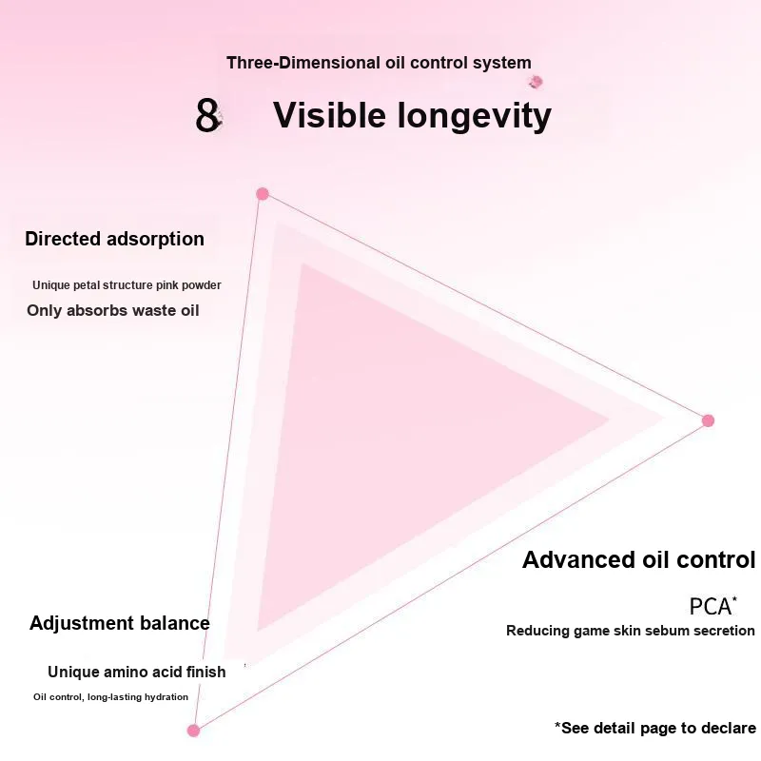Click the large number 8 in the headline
pyautogui.click(x=207, y=115)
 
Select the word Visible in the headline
pyautogui.click(x=329, y=115)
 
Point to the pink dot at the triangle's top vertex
pyautogui.click(x=263, y=194)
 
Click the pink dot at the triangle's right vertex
pyautogui.click(x=708, y=420)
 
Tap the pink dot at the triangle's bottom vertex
pyautogui.click(x=194, y=731)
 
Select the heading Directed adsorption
pyautogui.click(x=114, y=239)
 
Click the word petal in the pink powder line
pyautogui.click(x=88, y=284)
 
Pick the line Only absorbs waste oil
pyautogui.click(x=113, y=311)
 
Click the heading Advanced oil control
pyautogui.click(x=638, y=559)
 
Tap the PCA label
pyautogui.click(x=712, y=606)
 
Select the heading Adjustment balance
pyautogui.click(x=120, y=623)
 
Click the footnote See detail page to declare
pyautogui.click(x=655, y=728)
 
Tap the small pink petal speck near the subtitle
pyautogui.click(x=536, y=82)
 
